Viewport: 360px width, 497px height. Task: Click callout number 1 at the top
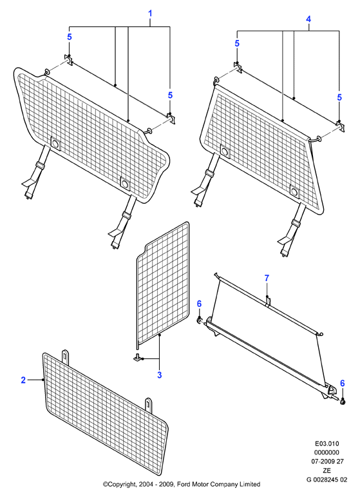150,14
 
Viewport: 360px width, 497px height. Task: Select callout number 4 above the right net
308,19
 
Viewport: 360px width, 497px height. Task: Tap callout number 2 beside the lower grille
23,380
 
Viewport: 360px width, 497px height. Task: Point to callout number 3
159,375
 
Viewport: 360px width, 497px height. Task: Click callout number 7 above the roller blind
267,278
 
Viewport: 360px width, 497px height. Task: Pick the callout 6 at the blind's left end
199,304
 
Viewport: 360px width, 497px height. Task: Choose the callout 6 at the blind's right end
342,383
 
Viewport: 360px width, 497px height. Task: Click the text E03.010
327,443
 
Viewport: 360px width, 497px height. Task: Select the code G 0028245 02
327,480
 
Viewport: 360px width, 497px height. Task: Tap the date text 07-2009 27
327,462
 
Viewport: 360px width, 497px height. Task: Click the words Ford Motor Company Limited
218,484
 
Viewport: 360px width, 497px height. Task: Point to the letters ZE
327,471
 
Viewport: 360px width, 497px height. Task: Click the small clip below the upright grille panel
137,357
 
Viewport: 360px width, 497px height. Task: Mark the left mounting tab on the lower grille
65,357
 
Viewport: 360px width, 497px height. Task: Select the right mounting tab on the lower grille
149,405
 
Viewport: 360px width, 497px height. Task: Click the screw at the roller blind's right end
342,402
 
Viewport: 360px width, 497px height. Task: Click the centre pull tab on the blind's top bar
268,301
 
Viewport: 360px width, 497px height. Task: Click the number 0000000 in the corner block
327,453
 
